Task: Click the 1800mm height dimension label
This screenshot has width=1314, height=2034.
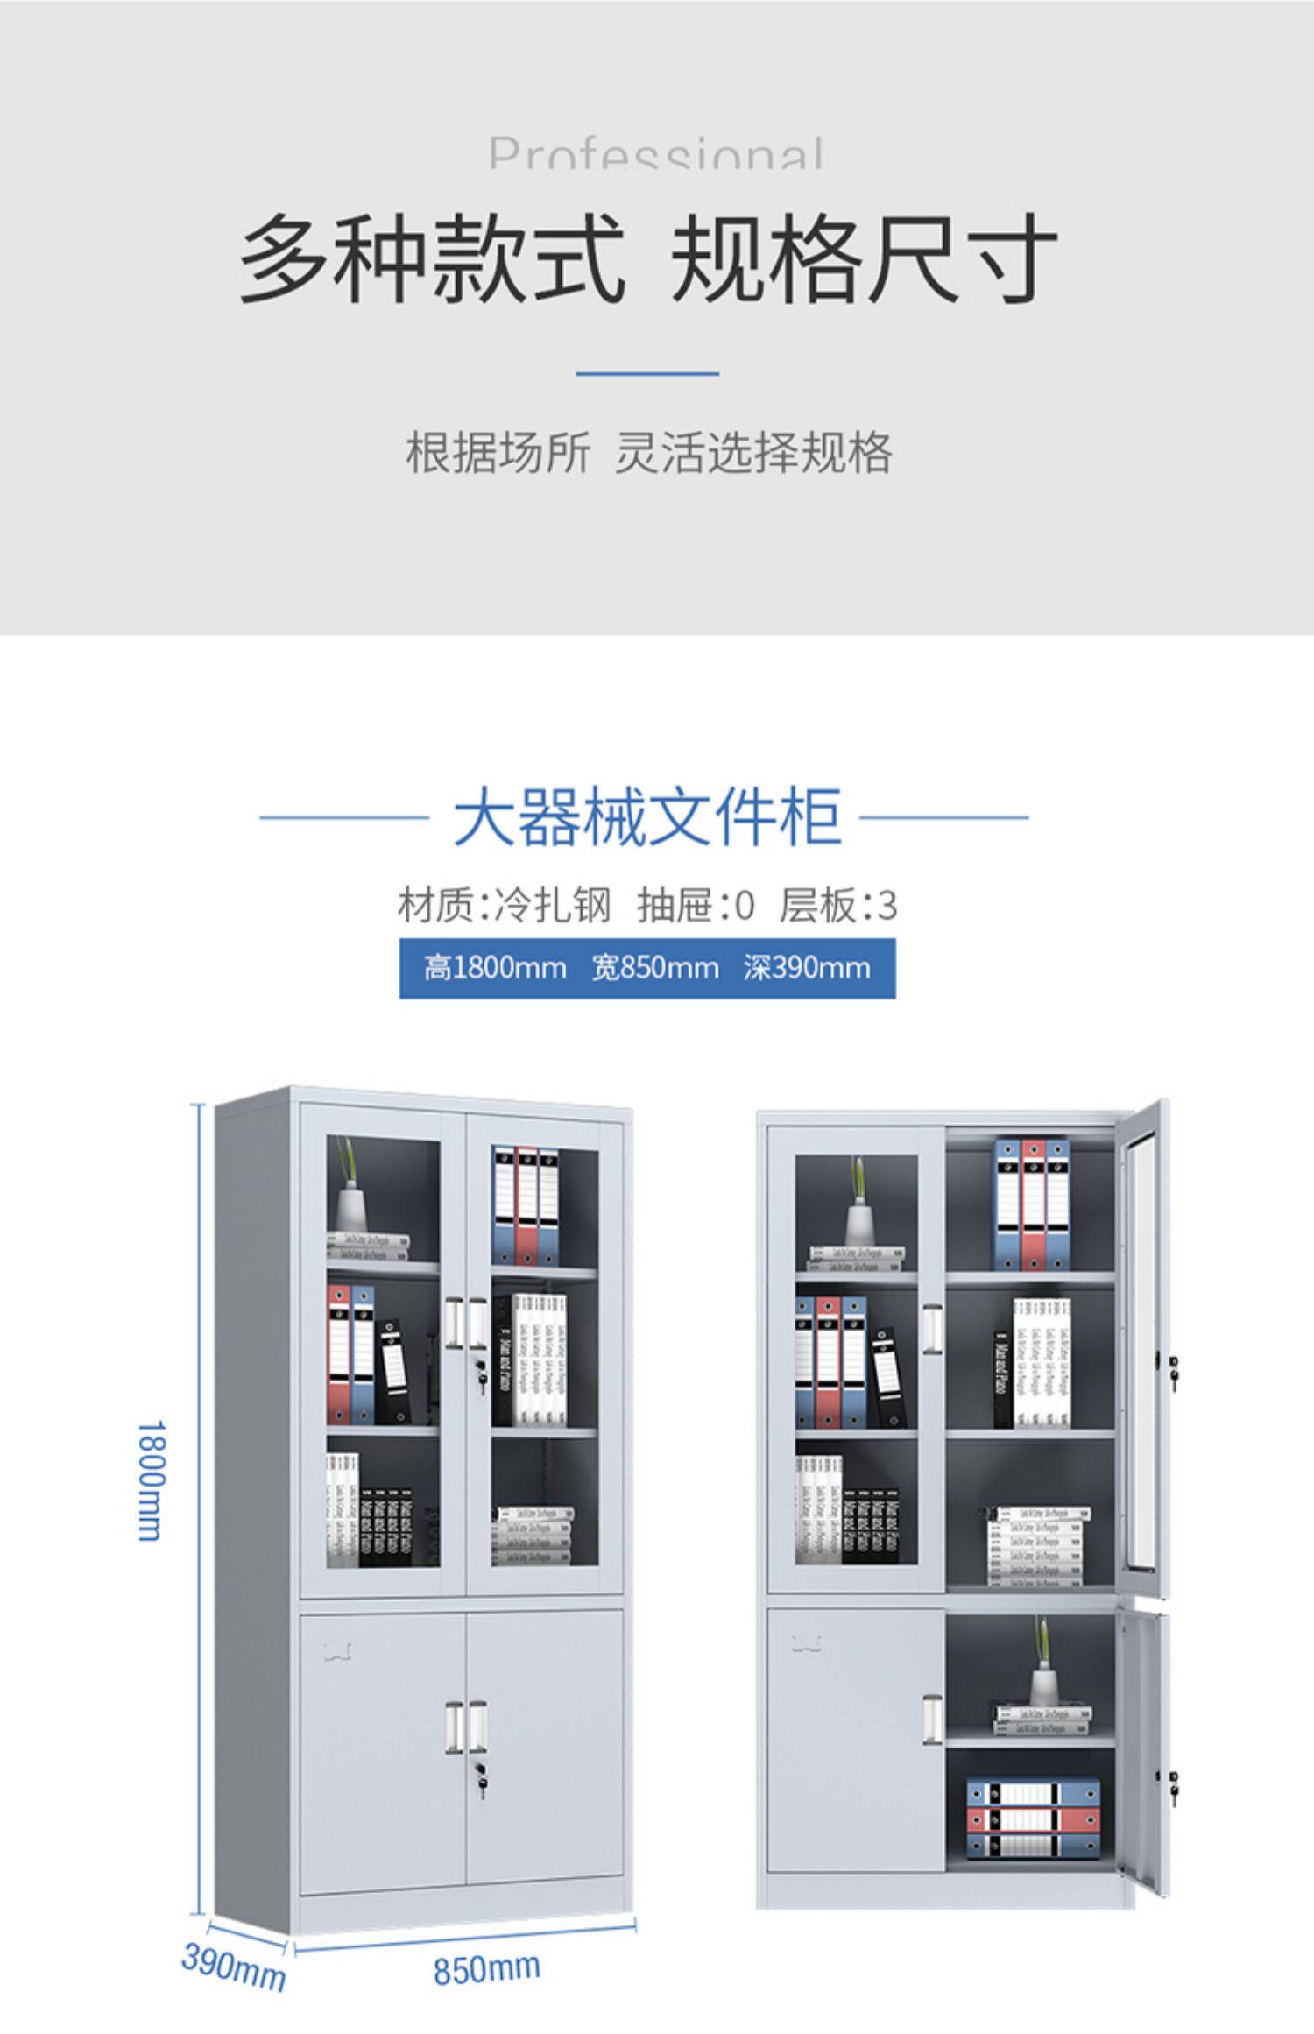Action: pyautogui.click(x=149, y=1480)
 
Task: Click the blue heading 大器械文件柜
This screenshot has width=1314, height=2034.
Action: pyautogui.click(x=647, y=817)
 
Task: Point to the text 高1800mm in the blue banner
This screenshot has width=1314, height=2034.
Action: pyautogui.click(x=495, y=968)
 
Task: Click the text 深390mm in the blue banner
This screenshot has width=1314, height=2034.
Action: pyautogui.click(x=807, y=968)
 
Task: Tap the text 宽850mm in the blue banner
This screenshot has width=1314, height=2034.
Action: pyautogui.click(x=655, y=968)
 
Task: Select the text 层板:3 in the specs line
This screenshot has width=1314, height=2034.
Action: pyautogui.click(x=838, y=906)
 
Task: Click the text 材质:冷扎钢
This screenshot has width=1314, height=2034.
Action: pyautogui.click(x=504, y=906)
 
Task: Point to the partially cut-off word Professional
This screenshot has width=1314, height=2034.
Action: pyautogui.click(x=656, y=154)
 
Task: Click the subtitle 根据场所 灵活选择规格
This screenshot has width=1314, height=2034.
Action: pyautogui.click(x=648, y=453)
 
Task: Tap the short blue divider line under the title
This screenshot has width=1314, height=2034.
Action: pyautogui.click(x=647, y=374)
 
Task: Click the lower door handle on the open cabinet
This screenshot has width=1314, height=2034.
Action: pyautogui.click(x=933, y=1716)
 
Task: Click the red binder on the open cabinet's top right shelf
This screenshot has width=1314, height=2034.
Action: pyautogui.click(x=1033, y=1204)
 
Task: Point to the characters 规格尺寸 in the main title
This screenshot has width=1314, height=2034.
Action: pyautogui.click(x=863, y=260)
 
